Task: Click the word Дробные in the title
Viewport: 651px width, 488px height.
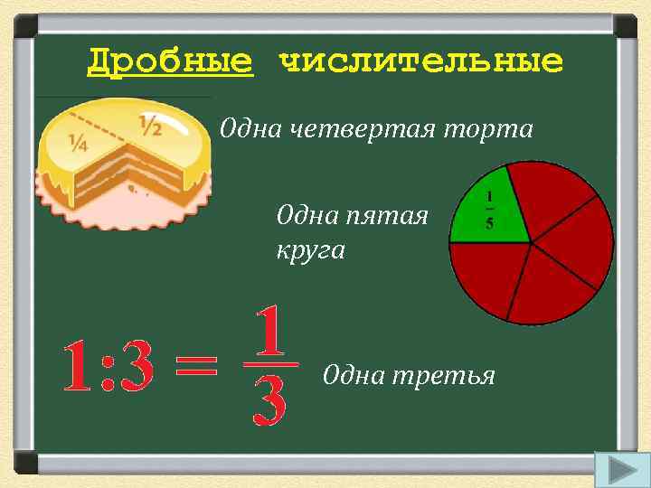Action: (x=170, y=62)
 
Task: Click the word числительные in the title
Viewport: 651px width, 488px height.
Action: (x=421, y=62)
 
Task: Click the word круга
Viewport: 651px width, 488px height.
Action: (x=311, y=249)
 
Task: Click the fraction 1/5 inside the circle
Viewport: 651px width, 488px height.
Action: (x=489, y=210)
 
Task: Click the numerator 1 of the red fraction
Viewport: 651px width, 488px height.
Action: (x=270, y=332)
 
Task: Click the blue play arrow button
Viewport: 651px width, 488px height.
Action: (x=618, y=470)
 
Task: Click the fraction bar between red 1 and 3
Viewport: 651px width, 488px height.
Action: (x=270, y=365)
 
